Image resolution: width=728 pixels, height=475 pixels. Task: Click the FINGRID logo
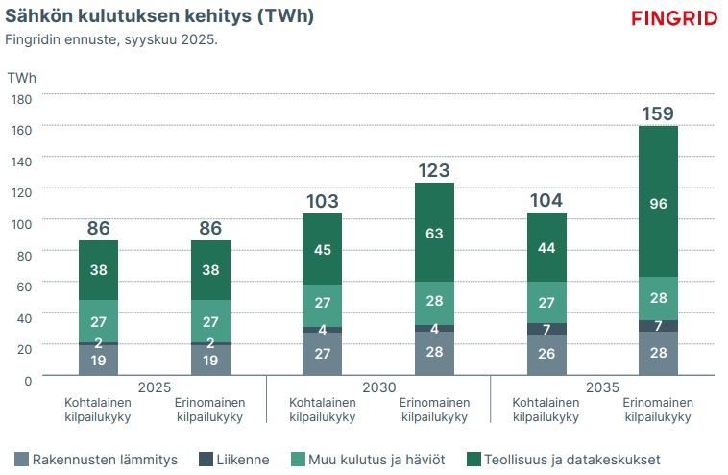[x=674, y=18]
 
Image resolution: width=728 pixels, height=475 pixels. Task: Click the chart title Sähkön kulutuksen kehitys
[x=159, y=17]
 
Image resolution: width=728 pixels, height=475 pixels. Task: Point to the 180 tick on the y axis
[x=22, y=98]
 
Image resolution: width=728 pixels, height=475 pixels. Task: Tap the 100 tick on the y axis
[x=22, y=223]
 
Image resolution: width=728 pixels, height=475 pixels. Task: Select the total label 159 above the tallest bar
[x=658, y=114]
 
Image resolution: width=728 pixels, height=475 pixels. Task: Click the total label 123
[x=433, y=171]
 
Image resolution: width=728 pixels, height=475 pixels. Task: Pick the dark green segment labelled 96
[x=658, y=202]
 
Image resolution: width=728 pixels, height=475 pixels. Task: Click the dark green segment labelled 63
[x=433, y=232]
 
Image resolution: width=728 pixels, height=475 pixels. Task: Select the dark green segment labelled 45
[x=322, y=249]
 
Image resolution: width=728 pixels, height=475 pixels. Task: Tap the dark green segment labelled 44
[x=546, y=247]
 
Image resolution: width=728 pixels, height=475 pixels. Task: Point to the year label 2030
[x=377, y=387]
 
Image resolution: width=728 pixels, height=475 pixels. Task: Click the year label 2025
[x=154, y=387]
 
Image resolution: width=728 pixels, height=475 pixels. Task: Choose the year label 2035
[x=602, y=387]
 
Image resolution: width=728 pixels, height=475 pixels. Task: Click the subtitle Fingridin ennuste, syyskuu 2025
[x=111, y=40]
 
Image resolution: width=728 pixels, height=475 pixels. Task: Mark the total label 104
[x=546, y=200]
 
